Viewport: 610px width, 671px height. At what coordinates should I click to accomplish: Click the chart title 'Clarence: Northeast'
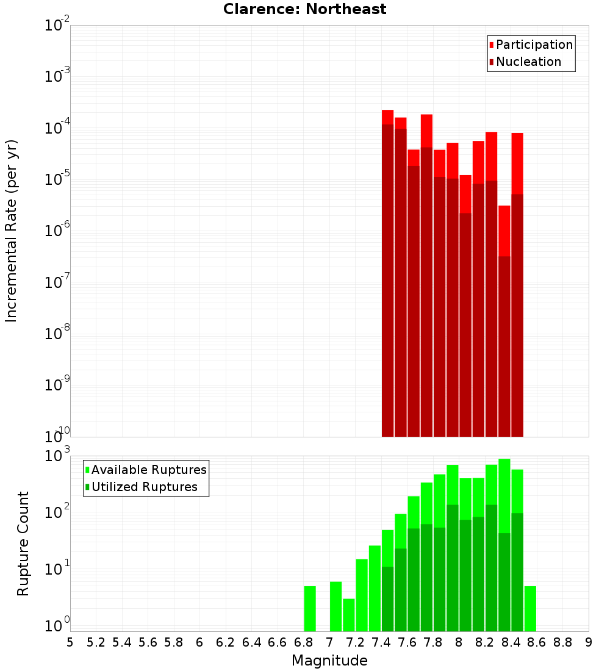coord(304,9)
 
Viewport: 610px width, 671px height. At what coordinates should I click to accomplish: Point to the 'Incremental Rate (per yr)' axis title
coord(12,231)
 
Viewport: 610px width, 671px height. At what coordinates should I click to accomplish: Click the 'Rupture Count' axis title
coord(23,543)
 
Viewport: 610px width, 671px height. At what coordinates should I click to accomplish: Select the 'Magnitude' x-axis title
coord(329,661)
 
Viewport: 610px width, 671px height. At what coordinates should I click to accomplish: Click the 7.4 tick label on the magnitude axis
coord(381,642)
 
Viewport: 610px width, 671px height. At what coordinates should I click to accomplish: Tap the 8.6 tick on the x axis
coord(537,642)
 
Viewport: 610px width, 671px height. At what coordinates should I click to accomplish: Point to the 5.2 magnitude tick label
coord(96,642)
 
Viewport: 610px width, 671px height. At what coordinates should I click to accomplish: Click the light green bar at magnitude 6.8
coord(310,609)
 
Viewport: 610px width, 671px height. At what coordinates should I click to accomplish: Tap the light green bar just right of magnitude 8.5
coord(530,609)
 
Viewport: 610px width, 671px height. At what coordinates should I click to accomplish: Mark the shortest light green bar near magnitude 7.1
coord(349,615)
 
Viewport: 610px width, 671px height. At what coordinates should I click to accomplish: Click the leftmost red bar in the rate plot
coord(387,274)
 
